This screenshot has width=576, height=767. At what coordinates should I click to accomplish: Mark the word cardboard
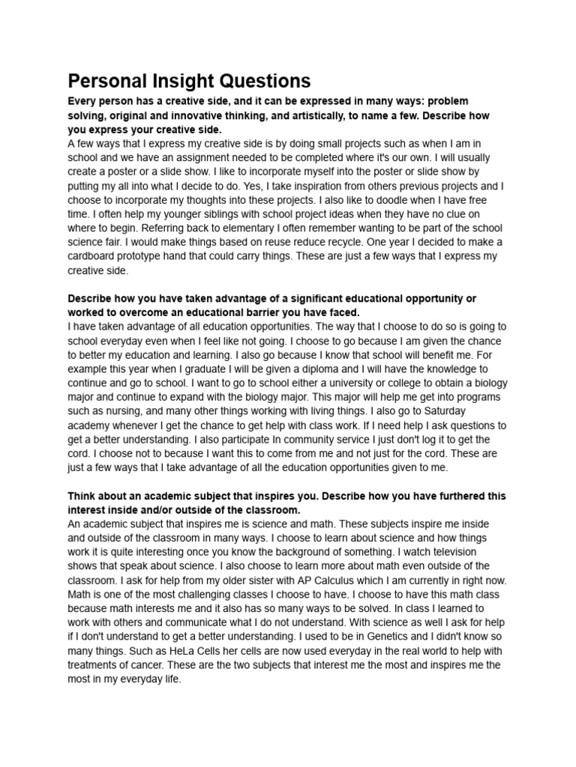97,256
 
